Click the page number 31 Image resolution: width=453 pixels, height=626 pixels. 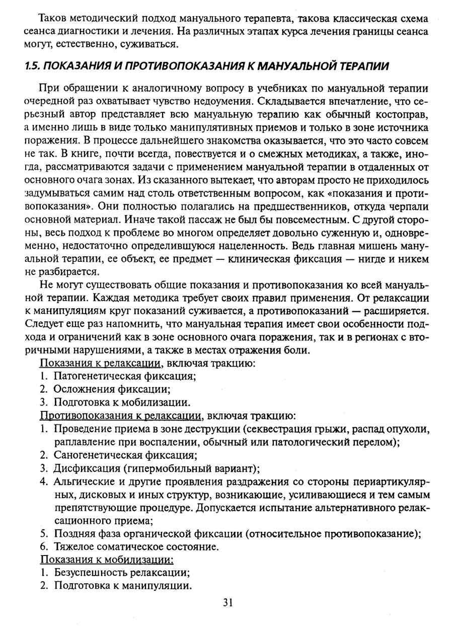pos(226,602)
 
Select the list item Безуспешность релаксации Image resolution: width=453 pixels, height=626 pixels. pos(121,573)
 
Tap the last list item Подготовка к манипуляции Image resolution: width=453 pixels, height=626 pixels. pos(123,586)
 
